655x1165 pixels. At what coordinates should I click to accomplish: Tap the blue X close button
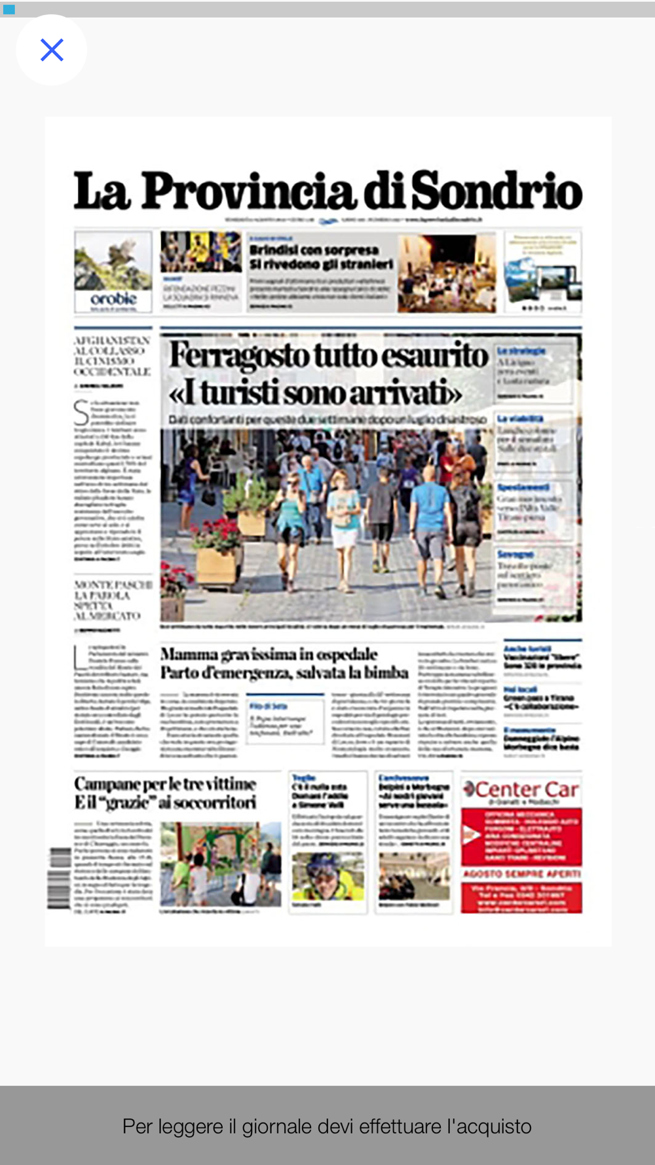point(52,50)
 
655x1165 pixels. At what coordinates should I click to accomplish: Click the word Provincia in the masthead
point(248,191)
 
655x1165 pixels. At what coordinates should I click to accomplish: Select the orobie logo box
point(113,271)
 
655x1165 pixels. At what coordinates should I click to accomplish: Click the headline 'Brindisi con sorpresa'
point(314,250)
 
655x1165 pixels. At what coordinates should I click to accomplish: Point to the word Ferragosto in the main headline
point(240,356)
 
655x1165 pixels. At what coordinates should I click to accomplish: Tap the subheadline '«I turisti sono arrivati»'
point(315,394)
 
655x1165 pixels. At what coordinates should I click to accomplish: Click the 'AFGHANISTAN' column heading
point(112,341)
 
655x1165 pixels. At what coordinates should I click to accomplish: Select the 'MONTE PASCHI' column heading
point(113,584)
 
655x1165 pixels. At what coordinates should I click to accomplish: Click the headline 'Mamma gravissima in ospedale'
point(269,654)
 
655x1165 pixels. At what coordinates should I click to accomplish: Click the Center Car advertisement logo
point(521,790)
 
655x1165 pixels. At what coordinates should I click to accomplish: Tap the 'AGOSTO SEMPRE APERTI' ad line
point(521,874)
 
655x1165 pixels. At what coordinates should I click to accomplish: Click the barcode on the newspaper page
point(59,878)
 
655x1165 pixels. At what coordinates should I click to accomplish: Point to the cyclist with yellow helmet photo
point(327,877)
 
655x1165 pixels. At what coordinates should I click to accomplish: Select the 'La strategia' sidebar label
point(521,351)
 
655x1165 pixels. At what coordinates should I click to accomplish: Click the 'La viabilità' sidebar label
point(519,419)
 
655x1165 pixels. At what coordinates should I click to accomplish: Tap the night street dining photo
point(447,273)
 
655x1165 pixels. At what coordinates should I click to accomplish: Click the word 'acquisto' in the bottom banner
point(494,1126)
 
